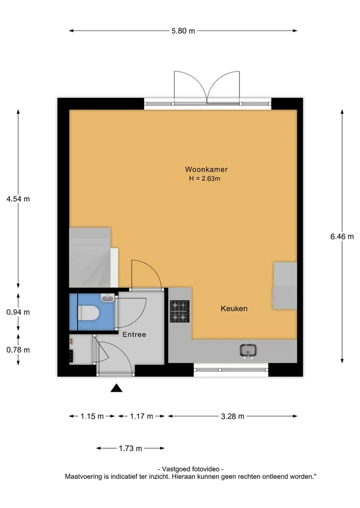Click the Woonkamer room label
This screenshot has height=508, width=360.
click(206, 169)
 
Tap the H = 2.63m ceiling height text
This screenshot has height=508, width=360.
click(204, 178)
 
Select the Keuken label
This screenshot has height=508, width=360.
click(234, 308)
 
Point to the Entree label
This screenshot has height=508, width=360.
click(134, 334)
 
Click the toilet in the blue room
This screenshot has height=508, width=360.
click(88, 313)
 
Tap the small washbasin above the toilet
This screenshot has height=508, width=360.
click(107, 297)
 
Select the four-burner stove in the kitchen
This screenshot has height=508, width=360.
click(179, 311)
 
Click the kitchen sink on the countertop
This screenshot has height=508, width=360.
click(248, 351)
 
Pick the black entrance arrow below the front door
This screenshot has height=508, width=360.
click(116, 388)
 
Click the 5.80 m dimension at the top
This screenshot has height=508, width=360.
click(183, 31)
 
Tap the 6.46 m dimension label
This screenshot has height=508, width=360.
click(342, 236)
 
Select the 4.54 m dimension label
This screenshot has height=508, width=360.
click(18, 199)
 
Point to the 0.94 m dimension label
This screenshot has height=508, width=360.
click(18, 312)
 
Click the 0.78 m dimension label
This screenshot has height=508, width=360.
click(18, 350)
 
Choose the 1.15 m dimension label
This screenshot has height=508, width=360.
click(92, 416)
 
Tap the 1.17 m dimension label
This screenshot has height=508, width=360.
click(141, 416)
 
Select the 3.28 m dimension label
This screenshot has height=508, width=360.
click(232, 416)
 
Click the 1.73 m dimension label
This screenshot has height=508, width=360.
click(130, 449)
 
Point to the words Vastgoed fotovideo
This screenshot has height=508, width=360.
click(190, 469)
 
